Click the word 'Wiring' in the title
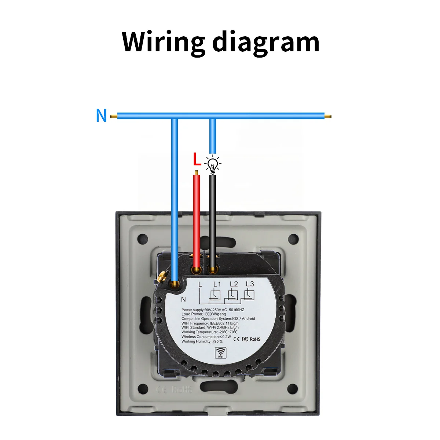point(163,42)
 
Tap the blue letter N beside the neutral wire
point(101,116)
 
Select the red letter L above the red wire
point(197,159)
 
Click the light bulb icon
point(212,164)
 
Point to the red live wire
point(197,220)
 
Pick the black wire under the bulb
point(212,220)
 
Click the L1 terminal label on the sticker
point(217,284)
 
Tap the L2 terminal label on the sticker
point(234,284)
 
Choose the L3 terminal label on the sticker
point(250,284)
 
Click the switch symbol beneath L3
point(249,294)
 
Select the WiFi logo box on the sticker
point(220,353)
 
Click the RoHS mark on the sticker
point(255,339)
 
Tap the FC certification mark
point(245,339)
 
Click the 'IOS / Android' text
point(243,319)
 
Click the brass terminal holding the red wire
point(197,271)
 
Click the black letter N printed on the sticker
point(183,300)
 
